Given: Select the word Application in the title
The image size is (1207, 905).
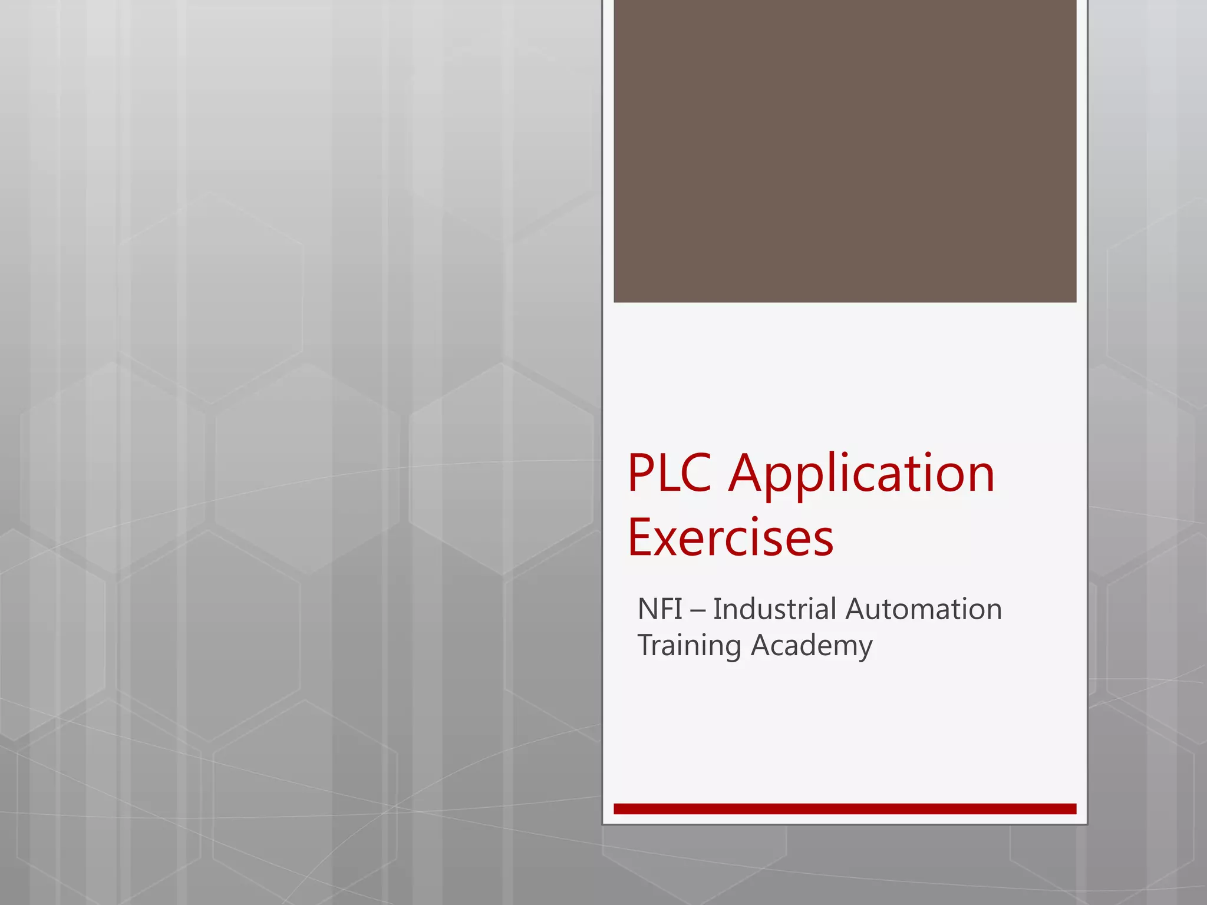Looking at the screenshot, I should click(x=862, y=475).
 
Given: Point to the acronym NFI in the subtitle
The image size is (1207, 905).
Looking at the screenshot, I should click(x=660, y=609).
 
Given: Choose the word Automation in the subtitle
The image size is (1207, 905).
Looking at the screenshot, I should click(x=924, y=609).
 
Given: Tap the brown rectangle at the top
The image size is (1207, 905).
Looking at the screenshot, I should click(x=845, y=151).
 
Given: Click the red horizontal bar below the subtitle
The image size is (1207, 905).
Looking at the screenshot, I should click(x=845, y=809).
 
